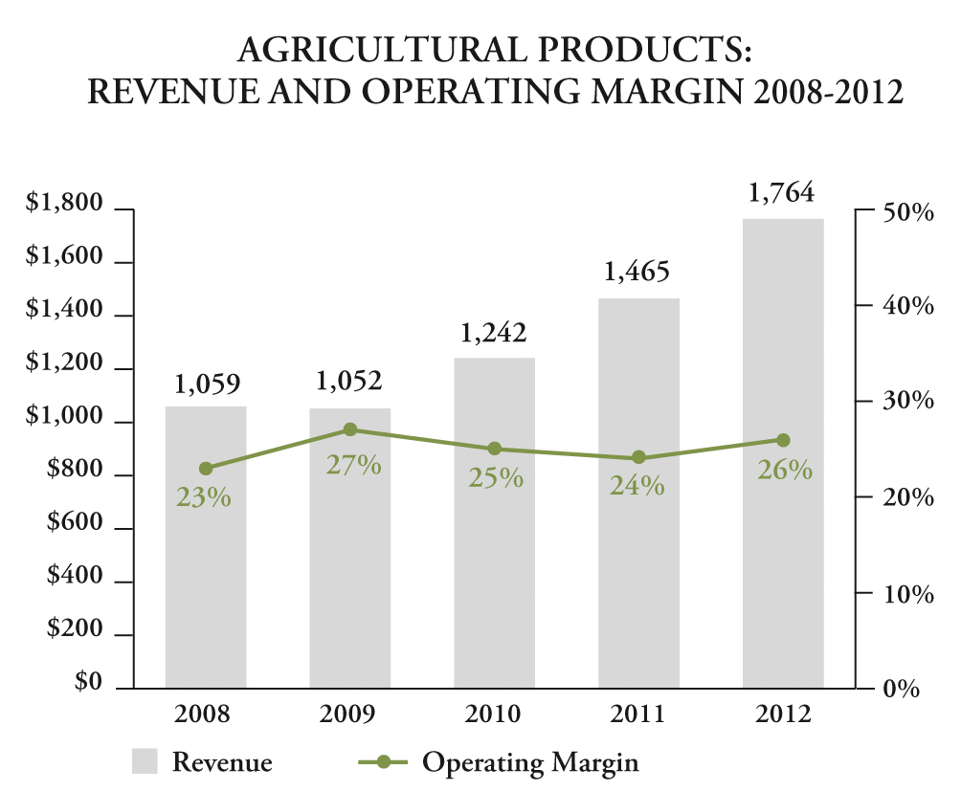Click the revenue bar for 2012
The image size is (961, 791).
pos(783,574)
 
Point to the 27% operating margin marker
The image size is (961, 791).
pos(350,430)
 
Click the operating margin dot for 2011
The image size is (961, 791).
pos(638,458)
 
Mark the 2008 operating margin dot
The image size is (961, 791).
pos(206,469)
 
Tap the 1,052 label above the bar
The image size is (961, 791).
pos(349,382)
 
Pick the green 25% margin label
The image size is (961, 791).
pos(496,477)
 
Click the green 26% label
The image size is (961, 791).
pos(785,471)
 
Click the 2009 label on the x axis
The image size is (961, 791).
pos(349,715)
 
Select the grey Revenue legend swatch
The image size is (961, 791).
pos(145,761)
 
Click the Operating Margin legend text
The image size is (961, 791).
pos(530,762)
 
